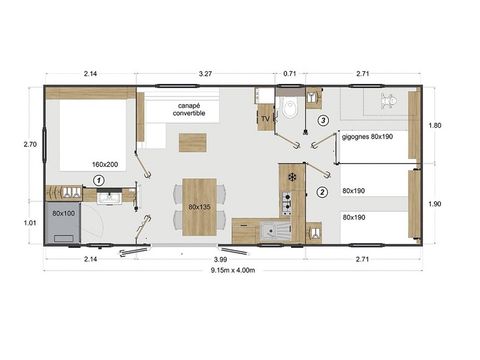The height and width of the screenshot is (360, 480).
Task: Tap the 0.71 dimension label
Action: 291,73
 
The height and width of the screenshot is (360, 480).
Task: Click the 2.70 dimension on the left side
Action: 30,144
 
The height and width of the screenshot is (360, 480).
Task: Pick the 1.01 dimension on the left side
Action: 30,223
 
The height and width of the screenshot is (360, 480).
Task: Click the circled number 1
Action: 98,179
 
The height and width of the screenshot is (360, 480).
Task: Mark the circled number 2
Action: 322,192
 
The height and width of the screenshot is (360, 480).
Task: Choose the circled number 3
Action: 322,121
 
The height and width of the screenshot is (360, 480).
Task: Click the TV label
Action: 265,119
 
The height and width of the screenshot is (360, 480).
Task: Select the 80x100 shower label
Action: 64,213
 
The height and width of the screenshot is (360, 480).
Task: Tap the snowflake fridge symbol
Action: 291,177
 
